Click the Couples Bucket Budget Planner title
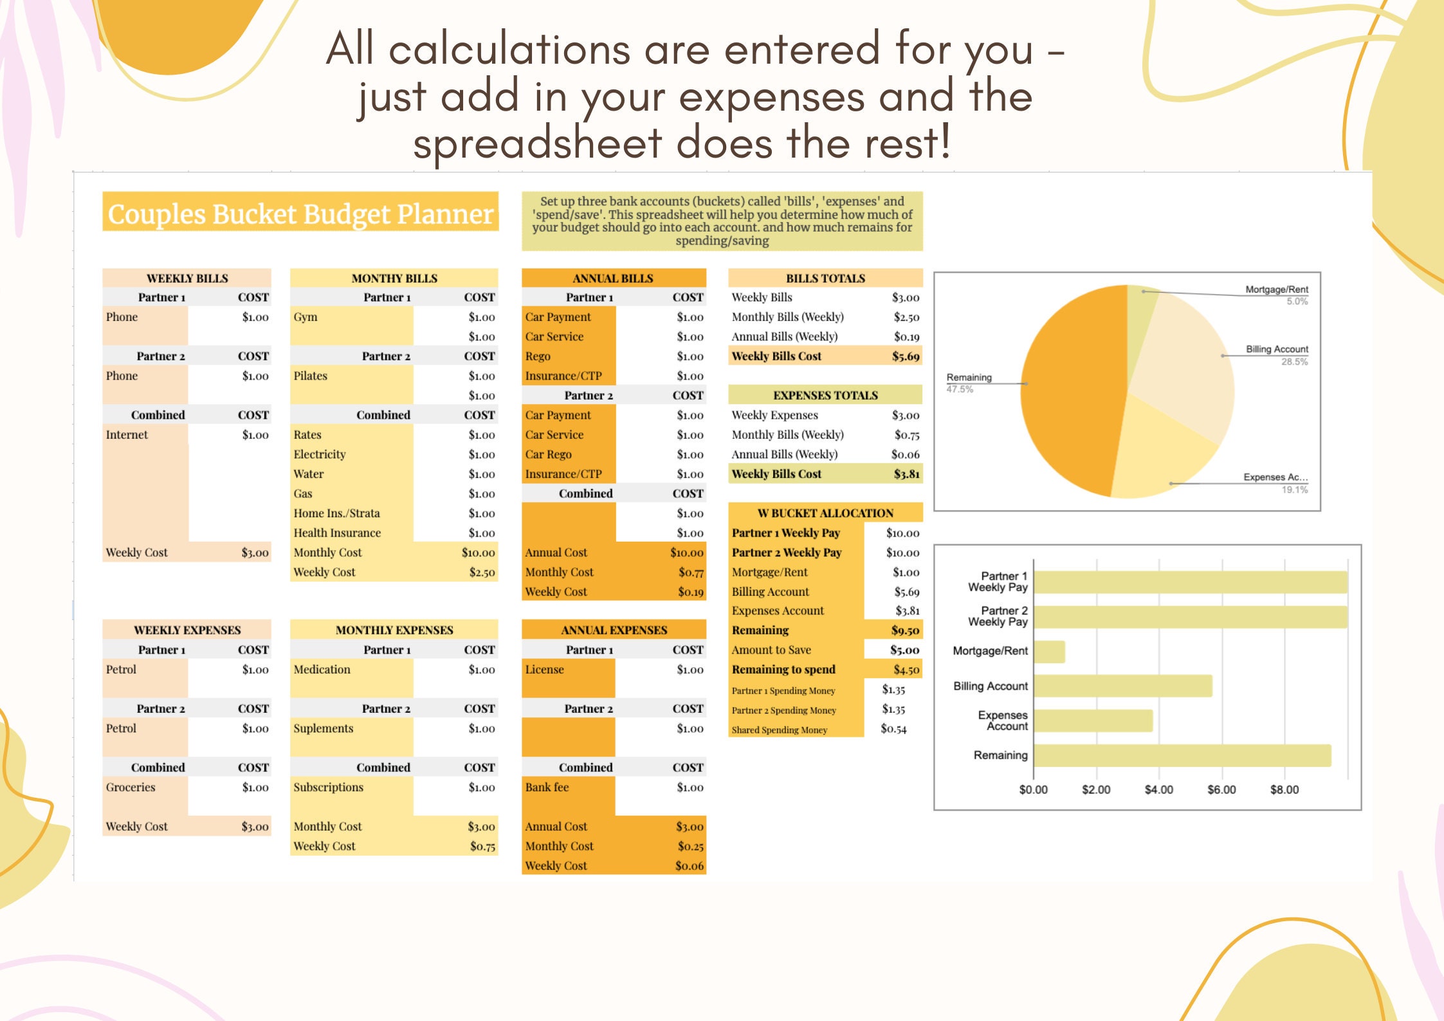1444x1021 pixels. tap(300, 214)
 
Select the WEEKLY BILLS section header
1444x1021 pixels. tap(187, 278)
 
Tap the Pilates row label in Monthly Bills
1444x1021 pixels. tap(311, 376)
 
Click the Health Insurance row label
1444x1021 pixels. tap(337, 533)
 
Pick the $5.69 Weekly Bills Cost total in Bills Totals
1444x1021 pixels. tap(905, 356)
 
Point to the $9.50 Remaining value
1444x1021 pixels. tap(905, 630)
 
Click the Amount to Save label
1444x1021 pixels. tap(771, 650)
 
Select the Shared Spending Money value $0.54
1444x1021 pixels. tap(893, 729)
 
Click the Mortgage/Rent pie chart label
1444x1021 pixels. tap(1276, 290)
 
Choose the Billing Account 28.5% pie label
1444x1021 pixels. tap(1276, 349)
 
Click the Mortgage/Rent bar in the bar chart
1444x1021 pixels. tap(1049, 652)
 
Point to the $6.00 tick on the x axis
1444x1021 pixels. tap(1221, 789)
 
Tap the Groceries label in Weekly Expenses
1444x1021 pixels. tap(131, 787)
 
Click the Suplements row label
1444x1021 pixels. tap(324, 728)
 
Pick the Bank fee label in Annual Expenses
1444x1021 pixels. tap(547, 787)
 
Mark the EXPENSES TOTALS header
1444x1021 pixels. tap(825, 395)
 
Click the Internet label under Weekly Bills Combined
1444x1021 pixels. tap(127, 434)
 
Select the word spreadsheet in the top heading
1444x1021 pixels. tap(537, 143)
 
